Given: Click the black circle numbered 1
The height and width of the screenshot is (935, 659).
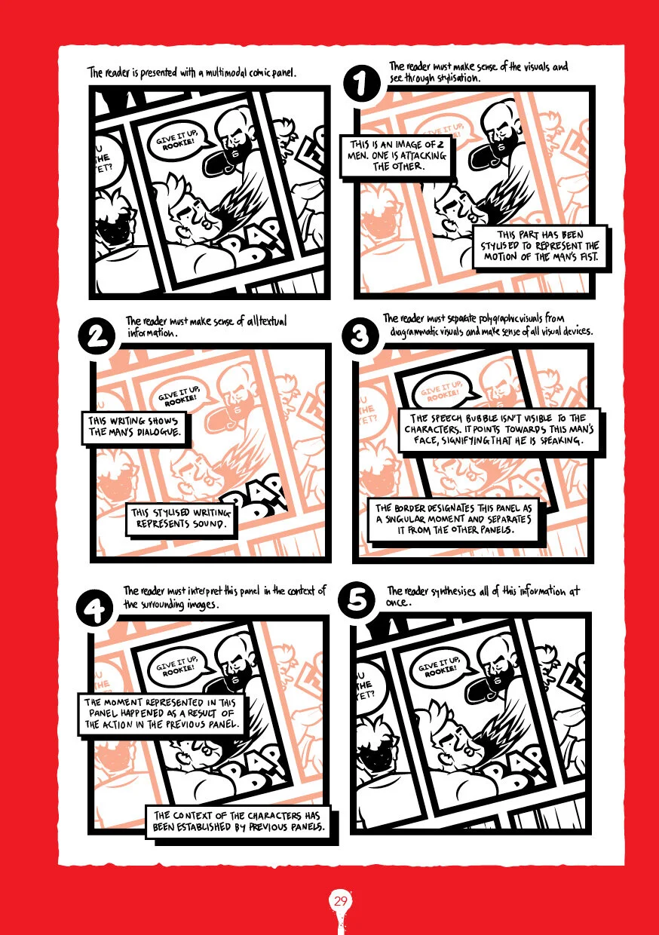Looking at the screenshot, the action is [x=362, y=83].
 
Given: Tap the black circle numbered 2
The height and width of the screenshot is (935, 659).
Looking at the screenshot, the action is [x=97, y=337].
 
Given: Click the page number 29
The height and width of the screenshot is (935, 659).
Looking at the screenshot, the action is [x=341, y=902].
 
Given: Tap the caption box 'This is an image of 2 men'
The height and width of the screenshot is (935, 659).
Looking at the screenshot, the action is [x=397, y=155].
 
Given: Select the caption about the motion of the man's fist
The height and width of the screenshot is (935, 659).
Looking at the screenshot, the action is [x=541, y=247].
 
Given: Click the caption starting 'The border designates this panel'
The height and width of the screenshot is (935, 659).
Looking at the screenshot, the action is [x=454, y=520].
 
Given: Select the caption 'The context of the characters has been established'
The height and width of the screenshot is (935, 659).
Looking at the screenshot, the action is [x=236, y=821].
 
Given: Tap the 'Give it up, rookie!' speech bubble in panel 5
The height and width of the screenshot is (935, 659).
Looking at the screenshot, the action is [x=441, y=665].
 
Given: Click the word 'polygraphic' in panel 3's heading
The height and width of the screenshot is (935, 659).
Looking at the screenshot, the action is [x=498, y=319].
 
